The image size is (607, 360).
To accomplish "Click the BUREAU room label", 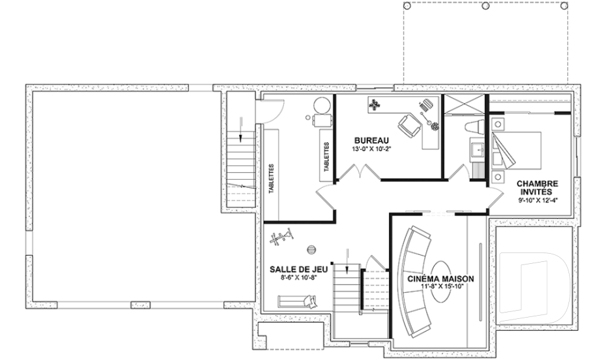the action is (x=372, y=140).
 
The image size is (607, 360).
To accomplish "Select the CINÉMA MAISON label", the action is (x=440, y=278).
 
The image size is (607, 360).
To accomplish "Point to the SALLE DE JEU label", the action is (x=298, y=269).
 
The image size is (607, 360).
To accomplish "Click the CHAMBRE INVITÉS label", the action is (x=537, y=187).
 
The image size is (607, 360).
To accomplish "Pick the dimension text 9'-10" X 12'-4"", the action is (x=538, y=201).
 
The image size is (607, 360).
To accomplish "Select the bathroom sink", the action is (x=477, y=149).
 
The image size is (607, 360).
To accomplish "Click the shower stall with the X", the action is (x=463, y=104).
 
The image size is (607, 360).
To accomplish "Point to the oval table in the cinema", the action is (x=441, y=281).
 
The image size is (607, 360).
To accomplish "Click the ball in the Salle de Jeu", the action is (x=311, y=250).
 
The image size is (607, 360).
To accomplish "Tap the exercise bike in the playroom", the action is (x=282, y=237).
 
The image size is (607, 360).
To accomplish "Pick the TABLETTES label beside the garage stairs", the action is (x=271, y=179).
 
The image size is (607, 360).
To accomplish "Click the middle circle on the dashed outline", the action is (x=485, y=6).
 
